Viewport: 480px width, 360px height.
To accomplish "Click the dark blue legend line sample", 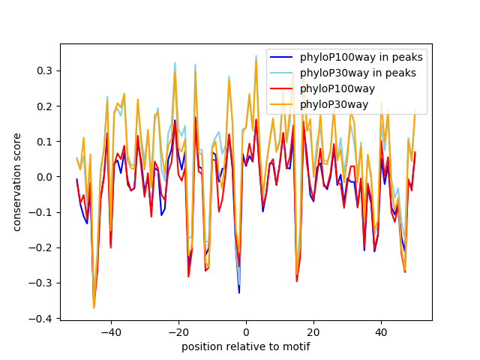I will pyautogui.click(x=282, y=57).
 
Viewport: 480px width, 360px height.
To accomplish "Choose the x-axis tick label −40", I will pyautogui.click(x=110, y=331).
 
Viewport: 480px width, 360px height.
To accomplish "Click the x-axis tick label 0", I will pyautogui.click(x=246, y=331).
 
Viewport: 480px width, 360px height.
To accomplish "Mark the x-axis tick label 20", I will pyautogui.click(x=313, y=331).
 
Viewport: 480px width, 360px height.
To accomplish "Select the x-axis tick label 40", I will pyautogui.click(x=381, y=331).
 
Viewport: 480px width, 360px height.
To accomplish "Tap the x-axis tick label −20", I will pyautogui.click(x=178, y=331).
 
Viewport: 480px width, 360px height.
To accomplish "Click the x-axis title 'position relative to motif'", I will pyautogui.click(x=245, y=346).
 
